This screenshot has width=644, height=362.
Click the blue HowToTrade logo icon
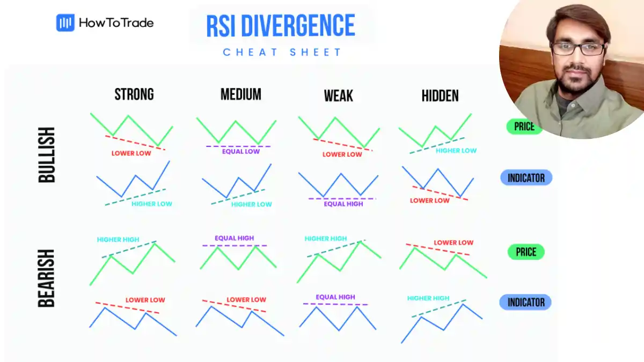point(65,23)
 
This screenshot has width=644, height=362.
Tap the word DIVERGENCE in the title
point(303,25)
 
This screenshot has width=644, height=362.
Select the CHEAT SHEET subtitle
point(282,52)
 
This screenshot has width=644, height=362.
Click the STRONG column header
point(134,95)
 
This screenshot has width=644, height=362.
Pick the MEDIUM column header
point(241,95)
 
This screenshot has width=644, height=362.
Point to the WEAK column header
point(339,96)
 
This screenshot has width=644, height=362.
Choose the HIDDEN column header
point(440,96)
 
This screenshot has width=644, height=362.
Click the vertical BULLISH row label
point(47,155)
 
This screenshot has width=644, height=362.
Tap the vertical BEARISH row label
point(47,278)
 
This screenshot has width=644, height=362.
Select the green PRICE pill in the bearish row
point(526,252)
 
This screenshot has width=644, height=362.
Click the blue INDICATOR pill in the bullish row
point(526,178)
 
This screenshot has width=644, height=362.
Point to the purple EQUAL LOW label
point(241,151)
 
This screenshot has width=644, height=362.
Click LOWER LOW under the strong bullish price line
point(131,153)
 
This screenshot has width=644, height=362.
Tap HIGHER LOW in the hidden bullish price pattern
point(456,151)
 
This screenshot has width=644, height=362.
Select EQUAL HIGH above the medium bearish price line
point(235,238)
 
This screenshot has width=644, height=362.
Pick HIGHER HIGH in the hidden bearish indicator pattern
point(428,298)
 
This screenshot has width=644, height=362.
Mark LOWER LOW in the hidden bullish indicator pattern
point(430,201)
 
